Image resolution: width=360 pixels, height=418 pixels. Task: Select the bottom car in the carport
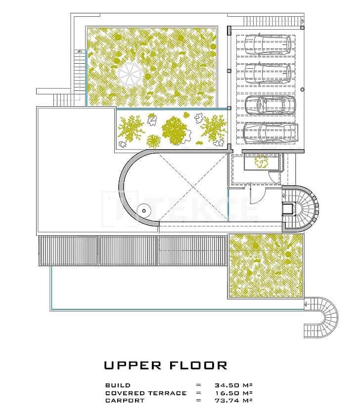pos(270,132)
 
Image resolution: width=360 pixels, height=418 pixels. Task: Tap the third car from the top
pos(269,105)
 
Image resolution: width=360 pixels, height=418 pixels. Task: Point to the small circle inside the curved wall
pos(144,210)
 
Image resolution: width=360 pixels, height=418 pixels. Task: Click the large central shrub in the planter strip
pos(174,129)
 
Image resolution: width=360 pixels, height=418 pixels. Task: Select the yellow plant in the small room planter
pos(261,162)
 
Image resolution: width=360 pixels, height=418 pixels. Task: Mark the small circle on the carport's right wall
pos(303,89)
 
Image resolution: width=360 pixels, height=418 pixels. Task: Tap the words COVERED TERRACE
pos(146,393)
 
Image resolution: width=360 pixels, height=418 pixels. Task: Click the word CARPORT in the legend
pos(125,401)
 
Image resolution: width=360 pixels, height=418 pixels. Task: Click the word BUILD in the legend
pos(118,385)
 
